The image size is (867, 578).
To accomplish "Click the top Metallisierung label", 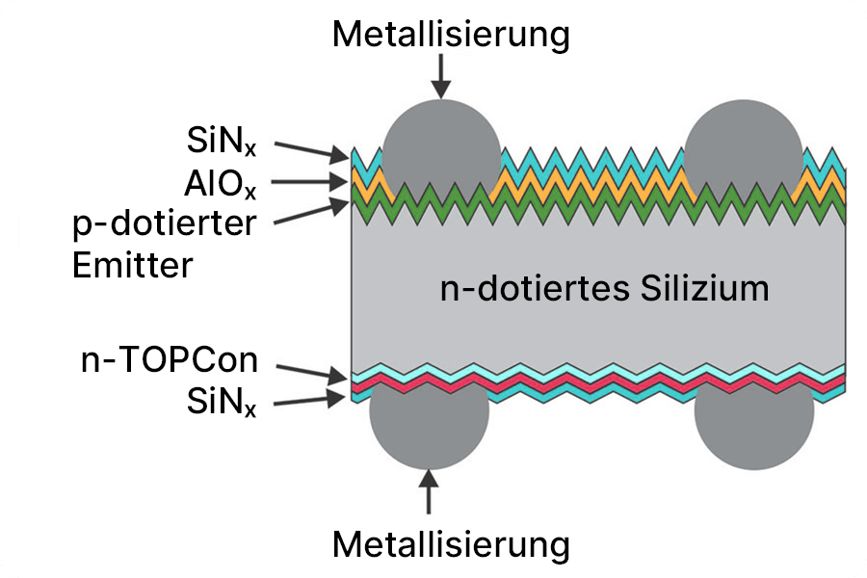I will point(451,35).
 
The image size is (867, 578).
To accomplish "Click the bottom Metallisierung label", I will point(451,544).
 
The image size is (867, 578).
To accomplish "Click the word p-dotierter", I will point(165,223).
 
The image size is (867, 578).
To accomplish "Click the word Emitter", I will point(133,264).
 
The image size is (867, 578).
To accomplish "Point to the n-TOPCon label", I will point(170,361).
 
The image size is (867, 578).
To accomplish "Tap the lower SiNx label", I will point(221,402).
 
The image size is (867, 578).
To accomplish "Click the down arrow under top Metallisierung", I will point(441,76).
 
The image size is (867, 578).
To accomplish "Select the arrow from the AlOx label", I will point(310,181).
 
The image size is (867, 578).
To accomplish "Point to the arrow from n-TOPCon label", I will point(310,370).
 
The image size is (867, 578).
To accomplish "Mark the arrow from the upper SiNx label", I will point(310,149).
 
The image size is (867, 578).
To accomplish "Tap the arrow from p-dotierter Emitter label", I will point(310,212).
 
